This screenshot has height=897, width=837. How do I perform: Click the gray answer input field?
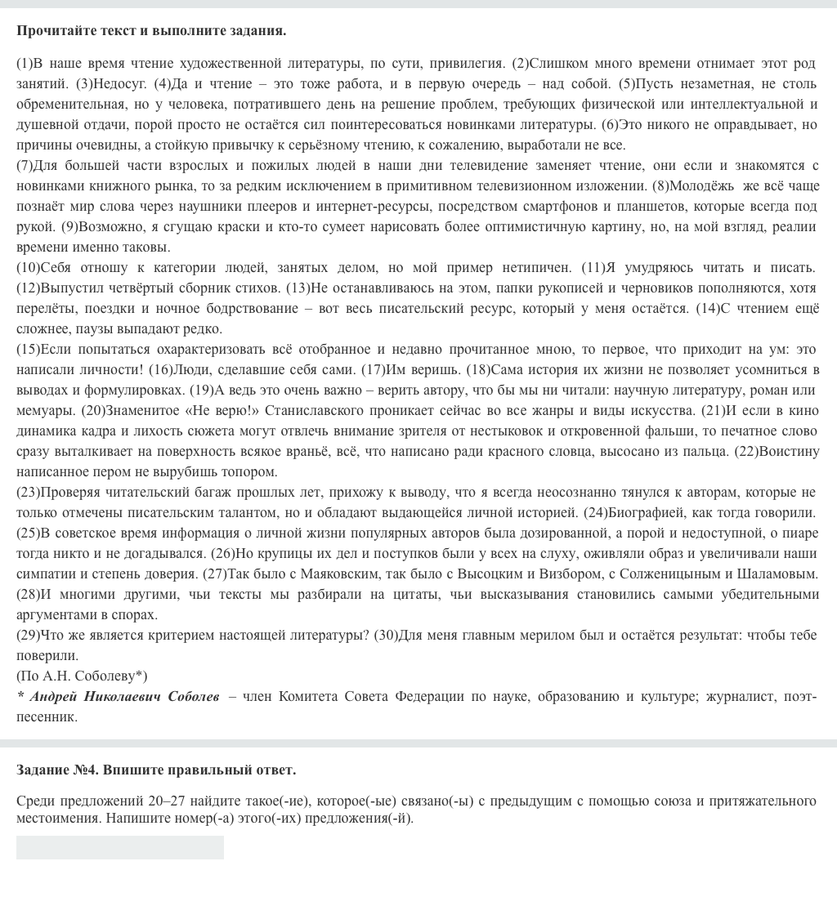pos(119,847)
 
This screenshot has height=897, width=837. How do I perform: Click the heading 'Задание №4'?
pos(156,770)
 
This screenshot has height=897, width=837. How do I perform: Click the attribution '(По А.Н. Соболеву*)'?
pos(82,676)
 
